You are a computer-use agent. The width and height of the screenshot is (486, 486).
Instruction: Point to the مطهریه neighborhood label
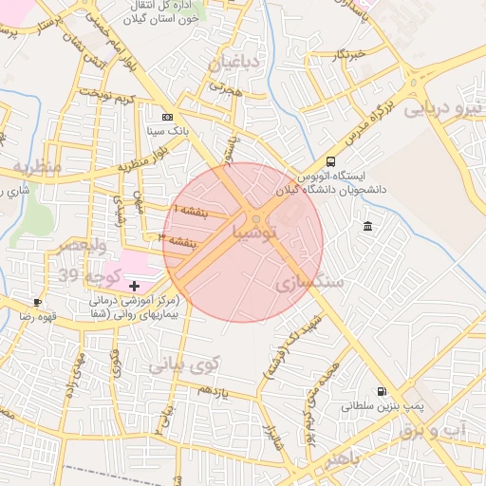(x=36, y=167)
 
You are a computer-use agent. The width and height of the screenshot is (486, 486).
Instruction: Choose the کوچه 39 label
(x=87, y=275)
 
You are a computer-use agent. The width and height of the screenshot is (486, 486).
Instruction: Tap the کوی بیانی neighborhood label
(x=184, y=364)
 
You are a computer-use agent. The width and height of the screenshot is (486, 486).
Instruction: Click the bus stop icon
(x=330, y=161)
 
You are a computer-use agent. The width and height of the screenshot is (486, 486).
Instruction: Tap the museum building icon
(x=367, y=226)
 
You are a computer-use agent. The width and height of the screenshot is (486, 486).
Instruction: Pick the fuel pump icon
(x=382, y=390)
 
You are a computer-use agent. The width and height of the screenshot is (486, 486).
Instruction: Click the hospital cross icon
(x=134, y=285)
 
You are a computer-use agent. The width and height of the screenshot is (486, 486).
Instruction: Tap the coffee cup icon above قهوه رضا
(x=37, y=301)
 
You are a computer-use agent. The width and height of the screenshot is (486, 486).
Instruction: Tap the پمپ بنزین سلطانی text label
(x=379, y=406)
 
